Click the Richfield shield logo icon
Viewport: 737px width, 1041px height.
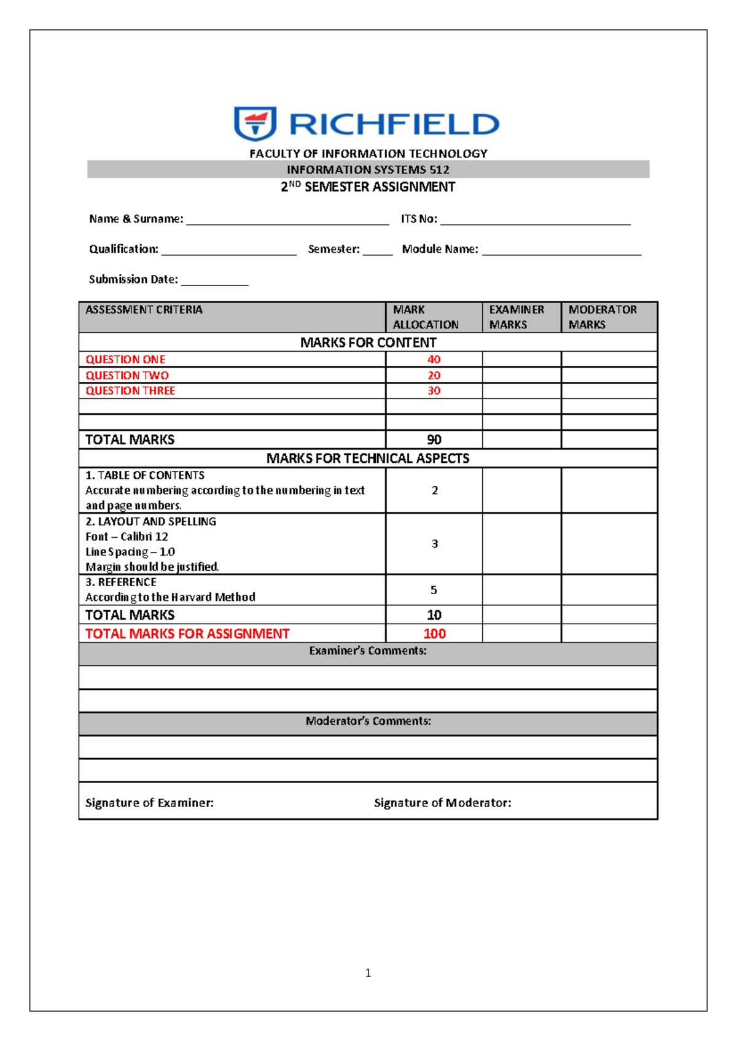coord(255,123)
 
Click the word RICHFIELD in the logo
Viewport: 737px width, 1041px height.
coord(394,124)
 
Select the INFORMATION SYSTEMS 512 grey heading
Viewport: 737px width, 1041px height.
coord(368,169)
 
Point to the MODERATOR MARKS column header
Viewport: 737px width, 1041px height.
coord(602,317)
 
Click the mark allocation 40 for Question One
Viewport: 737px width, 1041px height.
coord(434,359)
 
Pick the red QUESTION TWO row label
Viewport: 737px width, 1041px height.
coord(127,375)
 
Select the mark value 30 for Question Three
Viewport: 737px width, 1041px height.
coord(434,390)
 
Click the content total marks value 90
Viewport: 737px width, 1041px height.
coord(434,439)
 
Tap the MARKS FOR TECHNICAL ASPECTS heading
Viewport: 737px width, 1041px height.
coord(367,458)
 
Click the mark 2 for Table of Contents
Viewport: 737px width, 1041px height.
coord(434,490)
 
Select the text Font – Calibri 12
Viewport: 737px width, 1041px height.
coord(127,536)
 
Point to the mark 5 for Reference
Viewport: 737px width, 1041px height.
coord(434,590)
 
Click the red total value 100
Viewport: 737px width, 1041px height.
coord(434,633)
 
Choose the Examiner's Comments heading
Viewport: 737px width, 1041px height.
coord(367,651)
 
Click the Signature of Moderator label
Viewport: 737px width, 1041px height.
coord(442,802)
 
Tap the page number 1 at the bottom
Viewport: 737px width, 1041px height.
coord(368,973)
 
